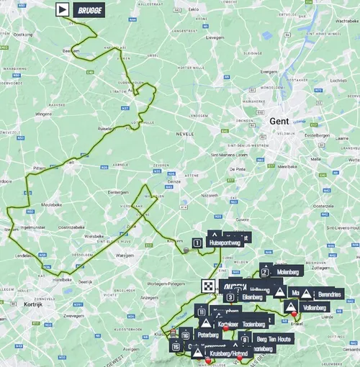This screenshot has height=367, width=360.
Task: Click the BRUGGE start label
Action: (89, 9)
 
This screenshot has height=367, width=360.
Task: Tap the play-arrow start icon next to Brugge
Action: (63, 9)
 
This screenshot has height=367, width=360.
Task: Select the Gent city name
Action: (279, 122)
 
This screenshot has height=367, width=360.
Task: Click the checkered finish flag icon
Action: (207, 285)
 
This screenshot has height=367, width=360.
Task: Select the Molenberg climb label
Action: (287, 273)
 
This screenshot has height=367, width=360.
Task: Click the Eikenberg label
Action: (252, 296)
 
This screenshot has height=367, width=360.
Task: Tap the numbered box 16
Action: (185, 335)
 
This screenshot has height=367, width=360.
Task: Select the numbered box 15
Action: (176, 347)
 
